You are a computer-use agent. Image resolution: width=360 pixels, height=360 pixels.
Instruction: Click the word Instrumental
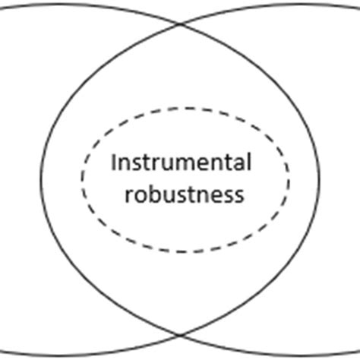click(181, 163)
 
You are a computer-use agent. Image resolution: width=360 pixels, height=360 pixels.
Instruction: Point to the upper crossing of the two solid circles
click(181, 24)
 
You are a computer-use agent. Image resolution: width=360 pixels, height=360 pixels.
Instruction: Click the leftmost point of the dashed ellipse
click(82, 176)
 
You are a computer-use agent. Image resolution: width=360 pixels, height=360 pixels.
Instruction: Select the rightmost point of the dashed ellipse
click(289, 176)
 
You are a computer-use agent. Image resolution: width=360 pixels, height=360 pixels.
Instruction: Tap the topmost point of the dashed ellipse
click(185, 101)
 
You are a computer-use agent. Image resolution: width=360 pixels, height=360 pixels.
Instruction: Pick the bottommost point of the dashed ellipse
click(185, 251)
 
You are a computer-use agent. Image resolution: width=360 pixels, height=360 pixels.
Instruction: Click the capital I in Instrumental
click(114, 163)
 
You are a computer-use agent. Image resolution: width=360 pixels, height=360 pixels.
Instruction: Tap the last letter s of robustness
click(239, 195)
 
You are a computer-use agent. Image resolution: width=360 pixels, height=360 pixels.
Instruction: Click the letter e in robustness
click(216, 195)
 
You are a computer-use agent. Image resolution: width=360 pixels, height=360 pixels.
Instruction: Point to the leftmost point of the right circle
click(41, 179)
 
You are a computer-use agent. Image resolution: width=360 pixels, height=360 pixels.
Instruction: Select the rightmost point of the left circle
click(320, 179)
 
